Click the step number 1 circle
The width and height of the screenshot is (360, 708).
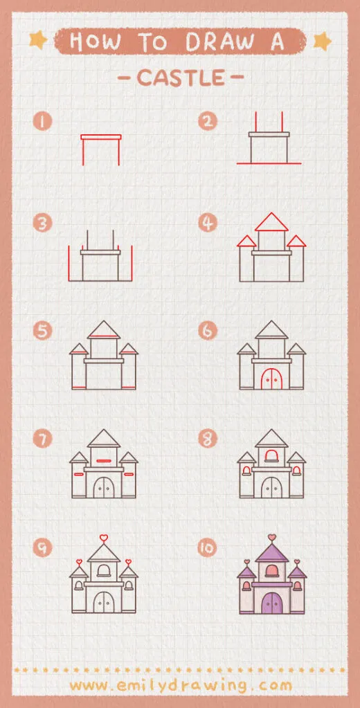43,122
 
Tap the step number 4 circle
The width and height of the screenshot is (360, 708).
208,223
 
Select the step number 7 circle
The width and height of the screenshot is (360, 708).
43,439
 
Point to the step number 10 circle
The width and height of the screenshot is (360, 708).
208,548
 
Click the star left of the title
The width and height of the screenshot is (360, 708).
37,42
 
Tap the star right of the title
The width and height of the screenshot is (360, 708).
322,42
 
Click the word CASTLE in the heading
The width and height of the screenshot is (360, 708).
181,78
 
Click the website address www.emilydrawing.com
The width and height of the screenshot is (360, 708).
181,685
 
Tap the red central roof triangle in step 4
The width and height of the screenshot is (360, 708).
271,223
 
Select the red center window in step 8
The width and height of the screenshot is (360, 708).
271,455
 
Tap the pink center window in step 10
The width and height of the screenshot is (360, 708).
271,569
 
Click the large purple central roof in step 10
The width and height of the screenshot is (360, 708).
271,554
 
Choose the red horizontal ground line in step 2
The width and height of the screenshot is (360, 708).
269,163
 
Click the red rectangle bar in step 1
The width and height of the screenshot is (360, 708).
101,137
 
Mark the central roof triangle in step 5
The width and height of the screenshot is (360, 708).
104,330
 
